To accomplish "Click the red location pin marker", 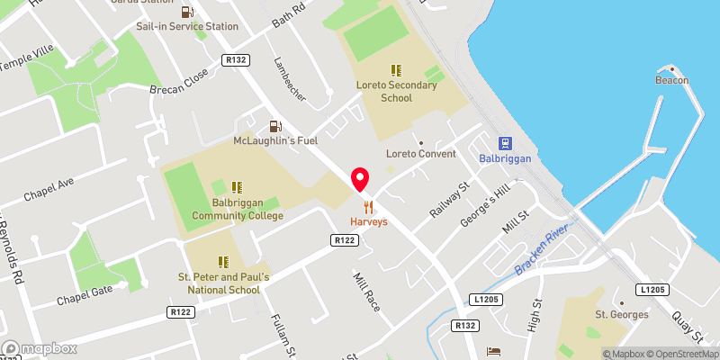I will pos(360,179).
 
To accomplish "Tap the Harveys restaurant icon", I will pos(369,206).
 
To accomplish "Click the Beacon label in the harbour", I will pos(672,80).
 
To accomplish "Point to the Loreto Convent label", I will pos(420,153).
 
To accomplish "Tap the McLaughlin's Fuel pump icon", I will pos(276,126).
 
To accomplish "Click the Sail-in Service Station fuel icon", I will pos(186,12).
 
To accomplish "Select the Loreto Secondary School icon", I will pos(395,70).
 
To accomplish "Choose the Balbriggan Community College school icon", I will pos(236,187).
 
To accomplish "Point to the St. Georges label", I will pos(621,314).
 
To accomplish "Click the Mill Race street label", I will pos(367,292).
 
